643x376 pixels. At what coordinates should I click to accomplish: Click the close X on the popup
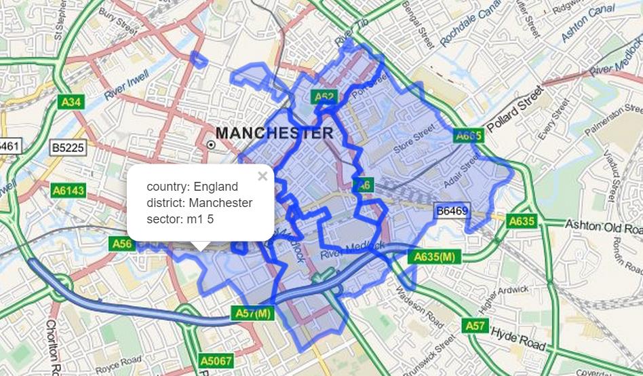click(x=262, y=176)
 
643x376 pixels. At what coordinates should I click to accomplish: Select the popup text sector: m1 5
click(x=181, y=219)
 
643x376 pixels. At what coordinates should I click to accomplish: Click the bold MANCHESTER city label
click(x=274, y=132)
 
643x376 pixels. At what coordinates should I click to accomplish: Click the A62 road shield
click(x=324, y=97)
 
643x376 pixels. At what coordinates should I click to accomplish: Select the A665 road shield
click(x=468, y=136)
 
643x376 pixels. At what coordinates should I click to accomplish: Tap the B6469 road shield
click(x=452, y=211)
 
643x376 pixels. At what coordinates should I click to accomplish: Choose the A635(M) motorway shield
click(x=434, y=257)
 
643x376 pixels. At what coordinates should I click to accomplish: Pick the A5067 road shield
click(x=216, y=360)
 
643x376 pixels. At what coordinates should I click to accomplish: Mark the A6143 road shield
click(x=69, y=191)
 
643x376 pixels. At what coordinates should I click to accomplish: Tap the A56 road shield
click(x=122, y=242)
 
